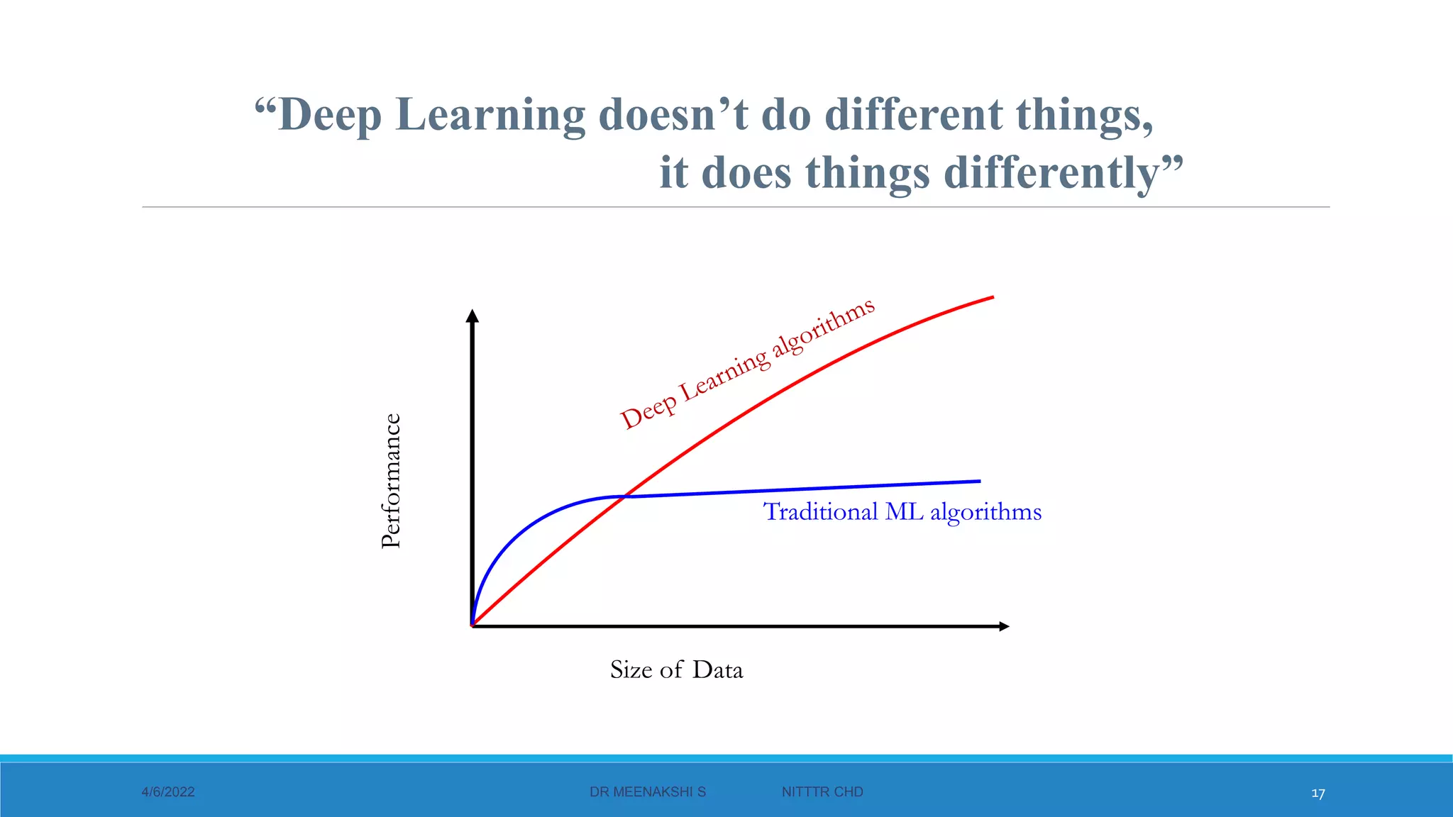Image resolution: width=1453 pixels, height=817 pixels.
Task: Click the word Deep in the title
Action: click(x=330, y=115)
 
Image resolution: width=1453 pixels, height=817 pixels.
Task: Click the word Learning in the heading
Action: click(x=490, y=115)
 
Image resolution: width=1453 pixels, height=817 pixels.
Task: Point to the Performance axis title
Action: click(x=391, y=481)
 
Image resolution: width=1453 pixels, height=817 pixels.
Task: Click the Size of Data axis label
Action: click(x=676, y=669)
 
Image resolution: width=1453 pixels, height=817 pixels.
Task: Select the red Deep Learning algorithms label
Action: click(x=747, y=363)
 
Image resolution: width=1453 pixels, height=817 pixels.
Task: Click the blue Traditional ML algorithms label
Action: click(x=902, y=511)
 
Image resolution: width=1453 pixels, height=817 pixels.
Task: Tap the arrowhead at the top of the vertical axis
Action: click(x=473, y=316)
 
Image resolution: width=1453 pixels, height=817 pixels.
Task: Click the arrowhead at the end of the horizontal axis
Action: click(x=1003, y=626)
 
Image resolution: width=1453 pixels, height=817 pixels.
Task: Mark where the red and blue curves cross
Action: click(x=625, y=496)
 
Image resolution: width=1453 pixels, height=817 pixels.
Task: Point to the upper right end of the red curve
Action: click(x=992, y=297)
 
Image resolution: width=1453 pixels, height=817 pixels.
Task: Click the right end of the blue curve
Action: click(x=979, y=482)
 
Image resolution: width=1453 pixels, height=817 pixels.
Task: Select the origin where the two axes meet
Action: click(x=473, y=626)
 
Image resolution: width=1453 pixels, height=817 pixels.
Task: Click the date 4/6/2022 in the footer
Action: click(x=168, y=792)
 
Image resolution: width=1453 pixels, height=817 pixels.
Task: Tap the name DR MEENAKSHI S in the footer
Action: click(x=648, y=792)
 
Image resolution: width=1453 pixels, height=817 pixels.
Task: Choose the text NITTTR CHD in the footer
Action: click(x=822, y=792)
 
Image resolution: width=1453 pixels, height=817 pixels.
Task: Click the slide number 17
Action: click(x=1318, y=794)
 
